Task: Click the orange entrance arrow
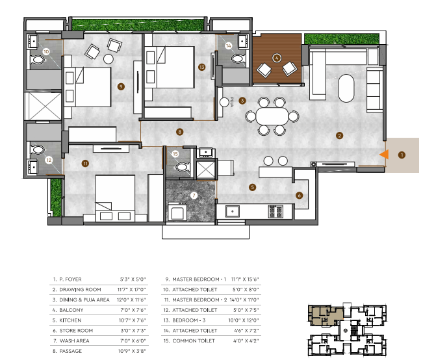[385, 154]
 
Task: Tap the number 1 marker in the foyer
[402, 155]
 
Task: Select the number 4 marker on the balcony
[277, 58]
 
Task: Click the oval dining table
[272, 116]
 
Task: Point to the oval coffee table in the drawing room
[346, 88]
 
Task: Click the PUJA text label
[232, 102]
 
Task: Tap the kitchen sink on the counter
[232, 211]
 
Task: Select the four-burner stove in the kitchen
[276, 211]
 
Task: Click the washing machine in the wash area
[177, 212]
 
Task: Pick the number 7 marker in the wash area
[194, 196]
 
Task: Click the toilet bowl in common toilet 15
[183, 167]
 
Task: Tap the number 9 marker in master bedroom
[121, 86]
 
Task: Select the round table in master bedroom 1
[109, 59]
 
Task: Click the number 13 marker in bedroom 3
[202, 67]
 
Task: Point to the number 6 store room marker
[299, 196]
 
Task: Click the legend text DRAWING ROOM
[80, 290]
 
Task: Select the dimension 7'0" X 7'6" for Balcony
[133, 310]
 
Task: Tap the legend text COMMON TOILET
[194, 341]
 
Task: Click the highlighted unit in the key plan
[326, 315]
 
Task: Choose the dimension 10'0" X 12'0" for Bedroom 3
[244, 320]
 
